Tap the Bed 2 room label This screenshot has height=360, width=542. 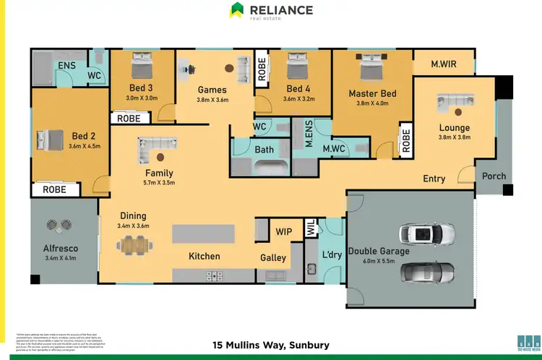click(83, 136)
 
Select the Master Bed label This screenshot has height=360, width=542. click(372, 93)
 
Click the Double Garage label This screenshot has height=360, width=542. click(379, 251)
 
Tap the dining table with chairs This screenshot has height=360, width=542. click(137, 246)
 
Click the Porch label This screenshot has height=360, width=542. click(494, 176)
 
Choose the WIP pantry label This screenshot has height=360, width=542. click(284, 233)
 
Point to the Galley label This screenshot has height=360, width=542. click(273, 257)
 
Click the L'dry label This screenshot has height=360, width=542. click(332, 254)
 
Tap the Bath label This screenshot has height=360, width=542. click(264, 150)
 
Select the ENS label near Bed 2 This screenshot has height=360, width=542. click(66, 65)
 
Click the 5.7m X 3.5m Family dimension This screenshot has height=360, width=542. click(160, 183)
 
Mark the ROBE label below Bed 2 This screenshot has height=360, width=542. click(54, 190)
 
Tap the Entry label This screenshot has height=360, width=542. click(434, 179)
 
